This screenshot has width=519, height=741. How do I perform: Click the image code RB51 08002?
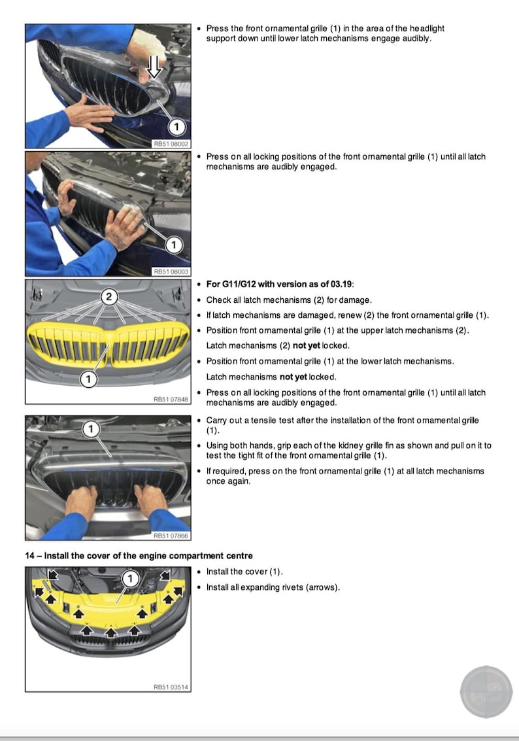point(171,143)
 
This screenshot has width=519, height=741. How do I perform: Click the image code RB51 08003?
point(171,271)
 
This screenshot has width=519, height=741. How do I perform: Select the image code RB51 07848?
point(171,398)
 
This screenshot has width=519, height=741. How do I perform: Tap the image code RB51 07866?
point(171,536)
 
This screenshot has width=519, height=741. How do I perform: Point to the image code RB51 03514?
point(171,687)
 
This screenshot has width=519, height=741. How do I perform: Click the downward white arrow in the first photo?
point(154,67)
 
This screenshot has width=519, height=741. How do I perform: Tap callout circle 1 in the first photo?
point(177,126)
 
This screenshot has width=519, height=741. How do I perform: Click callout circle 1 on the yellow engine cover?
point(130,578)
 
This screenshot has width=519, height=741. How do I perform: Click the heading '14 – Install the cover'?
point(139,556)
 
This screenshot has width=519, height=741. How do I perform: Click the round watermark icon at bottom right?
point(486,693)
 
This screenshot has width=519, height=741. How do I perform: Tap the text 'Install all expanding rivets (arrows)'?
point(273,587)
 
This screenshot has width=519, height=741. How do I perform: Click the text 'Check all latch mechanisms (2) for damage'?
point(288,300)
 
